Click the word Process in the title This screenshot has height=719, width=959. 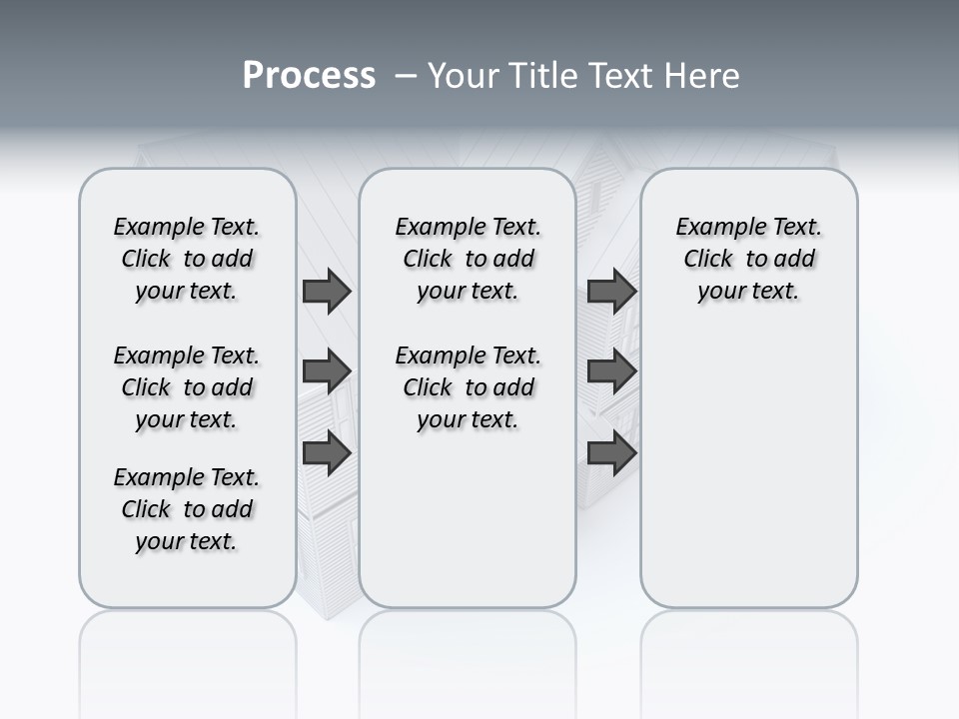pos(309,76)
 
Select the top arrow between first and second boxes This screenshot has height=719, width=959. pos(327,292)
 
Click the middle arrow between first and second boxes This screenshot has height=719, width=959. pos(327,372)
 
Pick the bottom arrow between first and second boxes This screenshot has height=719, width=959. pos(327,452)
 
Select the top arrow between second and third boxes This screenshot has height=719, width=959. pos(611,292)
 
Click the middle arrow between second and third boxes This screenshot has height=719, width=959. pos(611,372)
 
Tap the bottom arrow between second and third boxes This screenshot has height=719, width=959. pos(611,452)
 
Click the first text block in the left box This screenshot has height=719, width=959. pos(187,259)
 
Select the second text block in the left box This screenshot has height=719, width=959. pos(187,387)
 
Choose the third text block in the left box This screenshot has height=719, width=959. pos(187,509)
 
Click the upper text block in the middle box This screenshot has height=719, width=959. pos(468,259)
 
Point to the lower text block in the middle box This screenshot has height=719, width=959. pos(468,387)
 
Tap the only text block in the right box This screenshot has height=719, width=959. pos(748,259)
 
